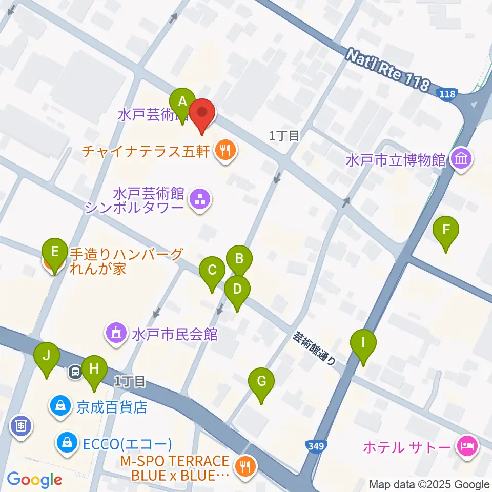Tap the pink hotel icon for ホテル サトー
(x=466, y=446)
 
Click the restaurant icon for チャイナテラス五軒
(x=224, y=151)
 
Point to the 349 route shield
(x=316, y=447)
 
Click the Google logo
(x=34, y=480)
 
